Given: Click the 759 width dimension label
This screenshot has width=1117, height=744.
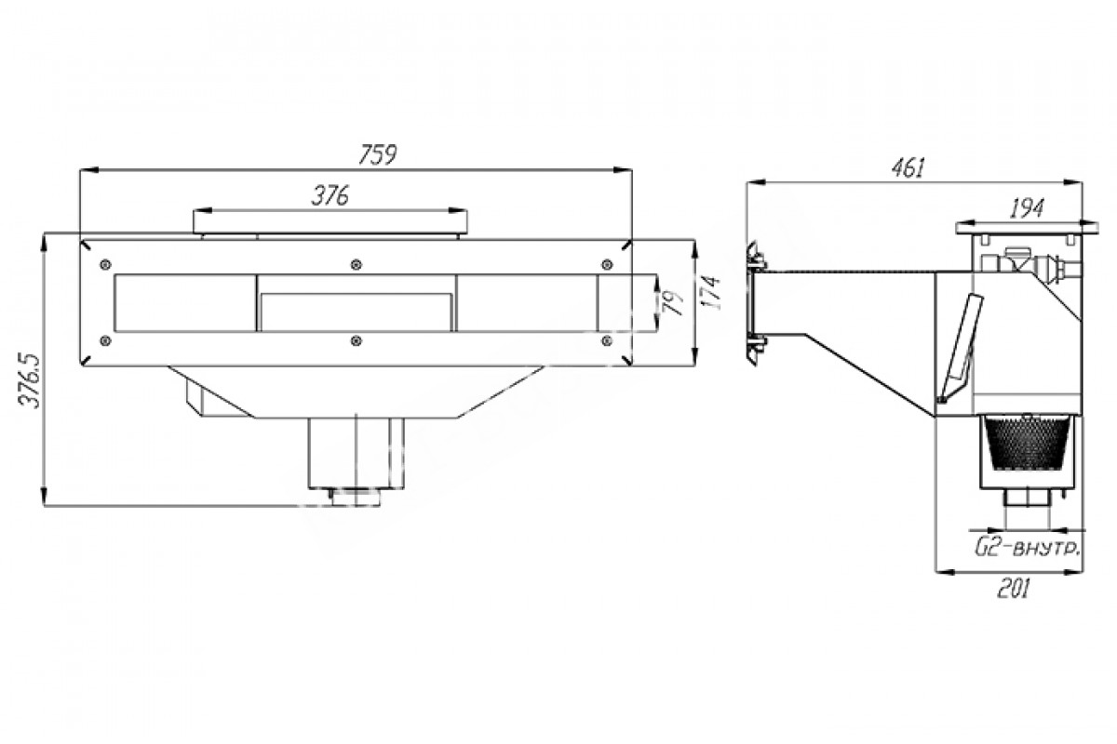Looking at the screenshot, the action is click(378, 154).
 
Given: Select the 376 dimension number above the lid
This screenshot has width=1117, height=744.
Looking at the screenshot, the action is click(330, 196).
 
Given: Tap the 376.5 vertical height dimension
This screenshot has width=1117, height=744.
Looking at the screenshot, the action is click(31, 380).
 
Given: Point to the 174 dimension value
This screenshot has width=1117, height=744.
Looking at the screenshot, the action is click(713, 293).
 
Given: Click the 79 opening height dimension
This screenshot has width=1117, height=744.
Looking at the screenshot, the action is click(674, 303).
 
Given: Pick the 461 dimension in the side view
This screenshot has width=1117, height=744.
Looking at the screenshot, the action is click(908, 168).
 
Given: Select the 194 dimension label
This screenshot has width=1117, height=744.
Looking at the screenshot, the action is click(1027, 208).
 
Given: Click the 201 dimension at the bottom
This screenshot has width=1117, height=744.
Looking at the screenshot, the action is click(1014, 590).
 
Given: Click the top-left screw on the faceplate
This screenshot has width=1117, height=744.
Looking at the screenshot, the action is click(105, 264).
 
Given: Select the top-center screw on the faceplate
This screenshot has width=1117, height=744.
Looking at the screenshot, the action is click(356, 264).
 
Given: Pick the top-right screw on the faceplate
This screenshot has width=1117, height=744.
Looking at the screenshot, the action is click(607, 264).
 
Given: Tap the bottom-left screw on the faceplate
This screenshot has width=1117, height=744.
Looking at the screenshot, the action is click(105, 341).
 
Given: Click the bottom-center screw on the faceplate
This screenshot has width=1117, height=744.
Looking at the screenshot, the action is click(356, 341).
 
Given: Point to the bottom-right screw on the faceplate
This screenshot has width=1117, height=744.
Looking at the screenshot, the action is click(607, 341).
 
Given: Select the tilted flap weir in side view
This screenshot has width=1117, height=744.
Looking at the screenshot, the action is click(960, 348).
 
